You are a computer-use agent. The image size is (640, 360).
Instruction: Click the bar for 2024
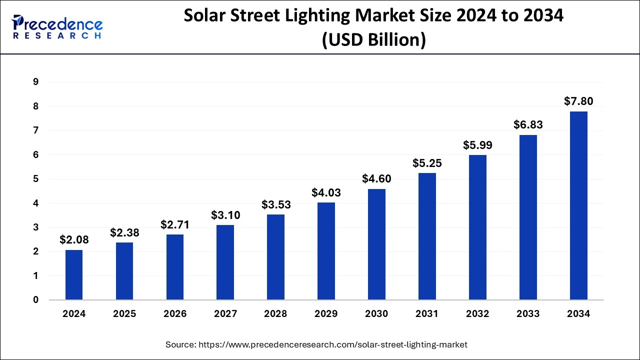pos(74,275)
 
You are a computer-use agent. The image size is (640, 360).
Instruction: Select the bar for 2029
pos(326,251)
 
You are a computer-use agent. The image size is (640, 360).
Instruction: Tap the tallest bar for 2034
pos(578,205)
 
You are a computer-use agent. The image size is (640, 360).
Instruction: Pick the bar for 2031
pos(427,236)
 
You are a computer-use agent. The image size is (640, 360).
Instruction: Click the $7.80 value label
pos(578,101)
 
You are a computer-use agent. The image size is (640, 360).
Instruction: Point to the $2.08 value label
pos(74,239)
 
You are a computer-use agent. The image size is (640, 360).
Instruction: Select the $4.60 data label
pos(376,178)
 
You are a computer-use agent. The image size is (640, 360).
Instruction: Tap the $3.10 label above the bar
pos(225,215)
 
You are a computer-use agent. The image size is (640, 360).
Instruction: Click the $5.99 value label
pos(477,145)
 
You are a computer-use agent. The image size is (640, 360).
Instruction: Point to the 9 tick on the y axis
pos(35,82)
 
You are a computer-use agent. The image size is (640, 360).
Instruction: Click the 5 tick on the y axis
pos(35,179)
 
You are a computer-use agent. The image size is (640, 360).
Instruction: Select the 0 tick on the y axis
pos(35,300)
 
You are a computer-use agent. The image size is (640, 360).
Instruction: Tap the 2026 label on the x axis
pos(174,314)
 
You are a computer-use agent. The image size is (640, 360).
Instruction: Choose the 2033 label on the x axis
pos(528,314)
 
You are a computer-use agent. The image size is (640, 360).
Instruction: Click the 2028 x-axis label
pos(275,314)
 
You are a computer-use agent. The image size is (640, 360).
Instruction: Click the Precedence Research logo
pos(57,27)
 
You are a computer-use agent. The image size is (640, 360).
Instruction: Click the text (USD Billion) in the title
pos(373,39)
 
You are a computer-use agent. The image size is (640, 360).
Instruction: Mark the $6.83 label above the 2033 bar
pos(528,124)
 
